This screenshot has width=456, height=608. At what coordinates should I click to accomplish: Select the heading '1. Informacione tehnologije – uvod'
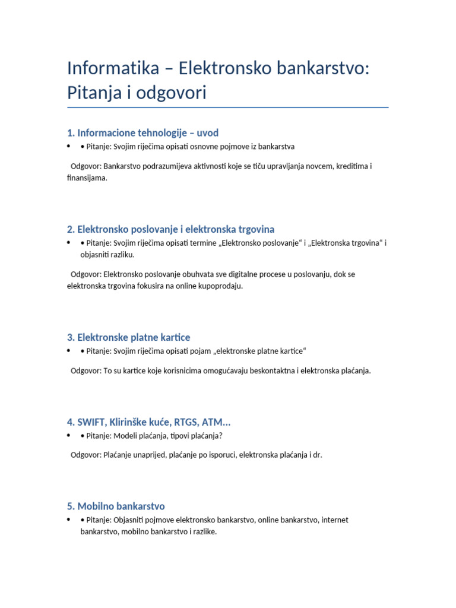pyautogui.click(x=143, y=132)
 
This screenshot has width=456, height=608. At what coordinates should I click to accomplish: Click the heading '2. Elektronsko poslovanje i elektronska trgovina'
pyautogui.click(x=171, y=229)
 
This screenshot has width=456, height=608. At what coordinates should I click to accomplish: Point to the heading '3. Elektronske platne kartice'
pyautogui.click(x=129, y=337)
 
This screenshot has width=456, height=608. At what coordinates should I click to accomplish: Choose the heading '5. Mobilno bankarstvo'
pyautogui.click(x=116, y=506)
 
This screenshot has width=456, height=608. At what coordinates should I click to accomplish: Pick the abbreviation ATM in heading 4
pyautogui.click(x=214, y=422)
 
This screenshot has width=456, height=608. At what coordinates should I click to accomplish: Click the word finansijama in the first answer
pyautogui.click(x=87, y=178)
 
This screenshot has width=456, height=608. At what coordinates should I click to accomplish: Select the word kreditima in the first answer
pyautogui.click(x=350, y=166)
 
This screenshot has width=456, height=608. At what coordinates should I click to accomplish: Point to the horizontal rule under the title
pyautogui.click(x=228, y=107)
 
